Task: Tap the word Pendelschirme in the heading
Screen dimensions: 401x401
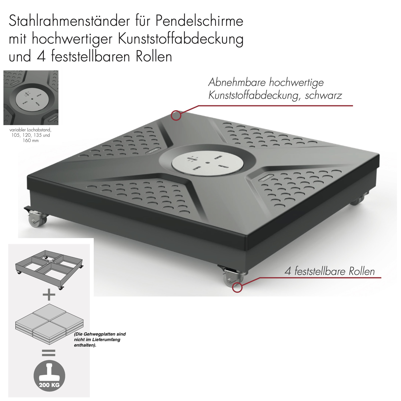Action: [x=199, y=21]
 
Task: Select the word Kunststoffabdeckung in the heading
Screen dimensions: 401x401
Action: [x=180, y=39]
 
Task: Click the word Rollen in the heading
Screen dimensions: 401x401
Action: [x=154, y=57]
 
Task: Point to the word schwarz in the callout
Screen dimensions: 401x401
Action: [x=323, y=95]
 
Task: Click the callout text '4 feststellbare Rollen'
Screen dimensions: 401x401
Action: [x=330, y=271]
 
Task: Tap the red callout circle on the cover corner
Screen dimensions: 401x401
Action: [x=176, y=116]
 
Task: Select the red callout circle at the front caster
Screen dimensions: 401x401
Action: [x=237, y=287]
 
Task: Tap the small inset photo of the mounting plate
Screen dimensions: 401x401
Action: [x=31, y=98]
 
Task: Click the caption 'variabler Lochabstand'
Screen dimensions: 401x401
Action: [x=30, y=130]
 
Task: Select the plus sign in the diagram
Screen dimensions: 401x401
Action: [x=49, y=294]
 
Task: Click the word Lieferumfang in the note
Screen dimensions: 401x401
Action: [x=106, y=340]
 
